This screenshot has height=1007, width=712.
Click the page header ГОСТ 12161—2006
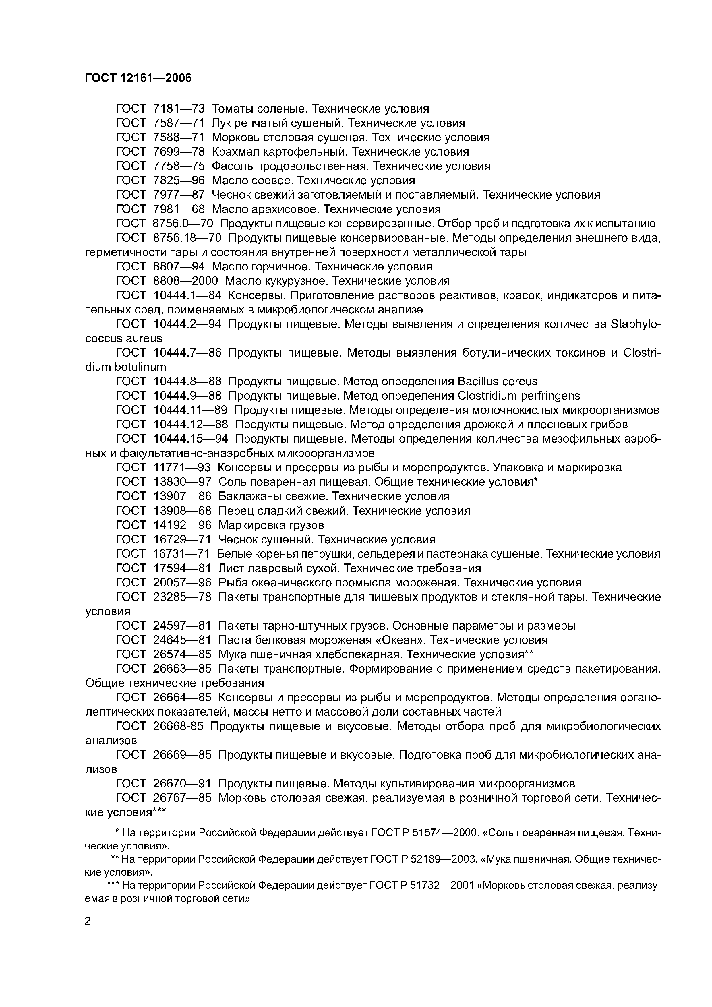point(138,78)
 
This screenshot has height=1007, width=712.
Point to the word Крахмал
point(233,152)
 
